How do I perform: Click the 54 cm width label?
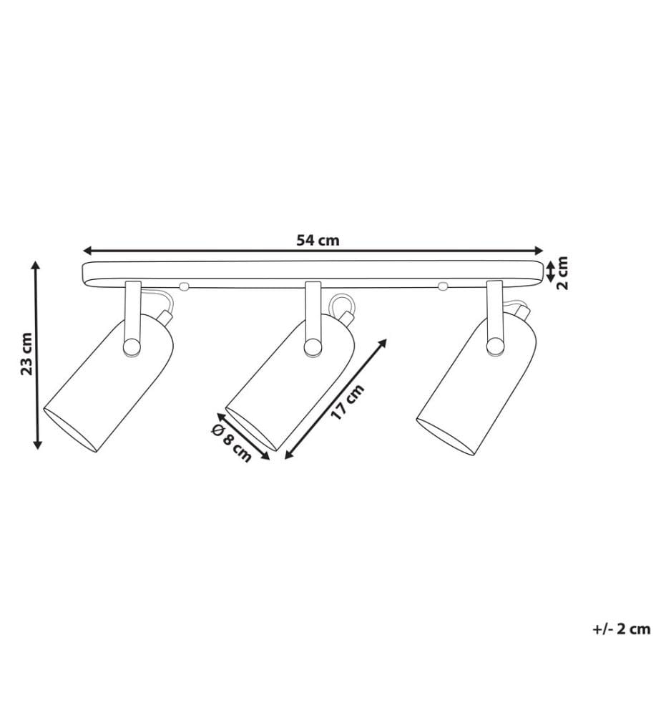pos(318,240)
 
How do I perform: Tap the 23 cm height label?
pos(27,354)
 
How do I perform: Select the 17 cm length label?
pos(348,402)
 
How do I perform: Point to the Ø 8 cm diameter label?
pos(231,442)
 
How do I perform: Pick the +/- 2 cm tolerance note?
pos(622,629)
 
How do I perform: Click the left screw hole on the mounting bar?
pos(183,286)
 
